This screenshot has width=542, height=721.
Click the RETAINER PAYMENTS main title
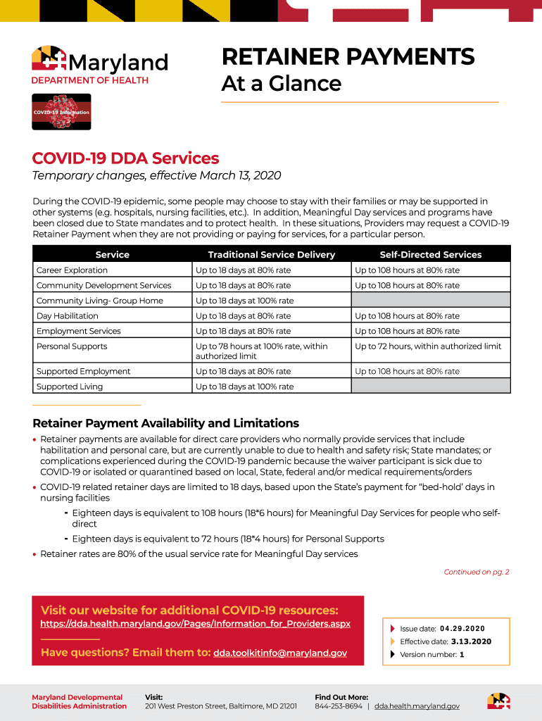tap(348, 56)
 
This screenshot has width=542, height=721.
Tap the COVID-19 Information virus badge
tap(61, 112)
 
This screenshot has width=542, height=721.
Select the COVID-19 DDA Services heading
tap(126, 158)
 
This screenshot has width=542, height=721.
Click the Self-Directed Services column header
tap(430, 254)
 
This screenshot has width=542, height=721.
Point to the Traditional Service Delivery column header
tap(271, 254)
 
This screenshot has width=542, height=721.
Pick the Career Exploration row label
tap(73, 270)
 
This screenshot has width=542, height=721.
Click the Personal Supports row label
tap(72, 346)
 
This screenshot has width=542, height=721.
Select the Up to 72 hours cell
tap(428, 346)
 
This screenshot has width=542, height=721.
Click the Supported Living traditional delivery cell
tap(245, 387)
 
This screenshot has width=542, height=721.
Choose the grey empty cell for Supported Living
tap(430, 386)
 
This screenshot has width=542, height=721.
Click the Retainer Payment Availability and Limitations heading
tap(166, 423)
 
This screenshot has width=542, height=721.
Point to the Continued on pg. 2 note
tap(476, 572)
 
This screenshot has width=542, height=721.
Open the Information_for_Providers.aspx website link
tap(196, 624)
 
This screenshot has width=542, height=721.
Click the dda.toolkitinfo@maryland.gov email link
tap(280, 653)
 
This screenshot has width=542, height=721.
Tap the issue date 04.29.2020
tap(462, 629)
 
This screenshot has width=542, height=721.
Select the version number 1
tap(462, 655)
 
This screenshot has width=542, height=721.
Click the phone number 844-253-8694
tap(339, 706)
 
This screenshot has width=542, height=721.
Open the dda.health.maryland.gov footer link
tap(417, 706)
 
